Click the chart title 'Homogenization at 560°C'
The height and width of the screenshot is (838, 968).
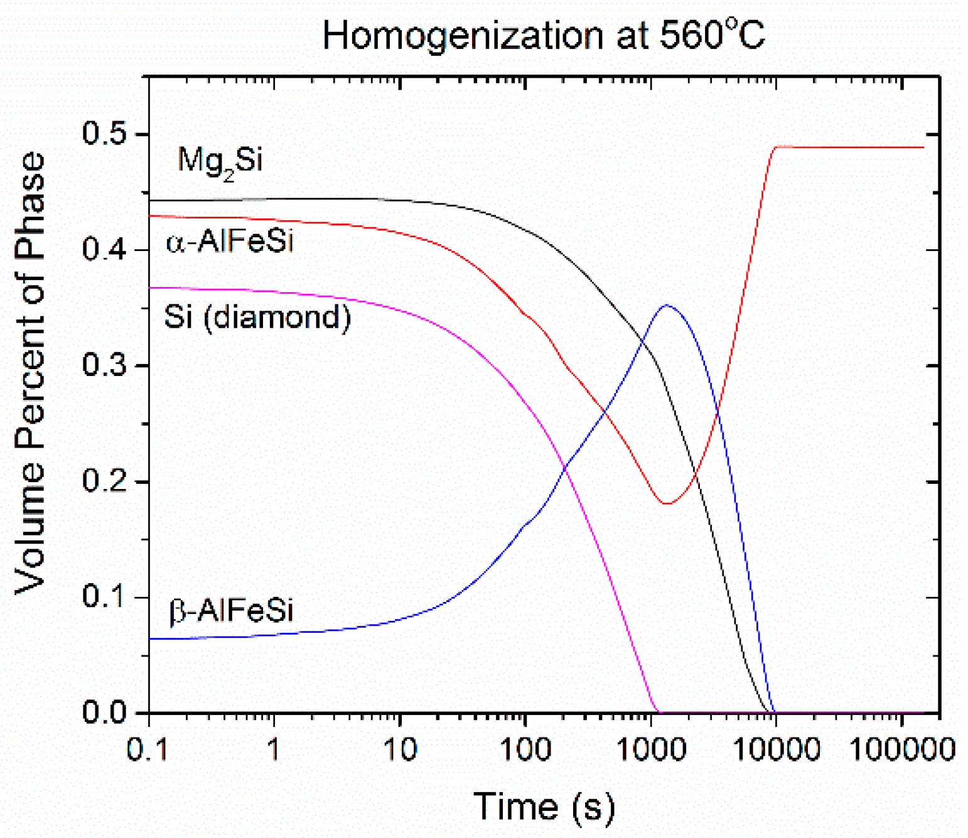click(x=544, y=35)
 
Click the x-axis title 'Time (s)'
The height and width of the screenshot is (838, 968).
click(x=544, y=807)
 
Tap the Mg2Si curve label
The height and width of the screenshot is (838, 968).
click(x=220, y=161)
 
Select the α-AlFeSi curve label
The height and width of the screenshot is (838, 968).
click(x=230, y=241)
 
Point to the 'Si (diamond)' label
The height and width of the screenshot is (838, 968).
click(x=257, y=316)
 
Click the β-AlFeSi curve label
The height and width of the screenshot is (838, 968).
click(x=230, y=610)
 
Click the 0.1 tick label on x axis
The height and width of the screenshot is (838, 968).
click(x=148, y=749)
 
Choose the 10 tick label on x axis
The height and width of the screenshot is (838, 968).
click(x=399, y=749)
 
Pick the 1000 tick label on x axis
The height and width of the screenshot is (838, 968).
click(x=650, y=749)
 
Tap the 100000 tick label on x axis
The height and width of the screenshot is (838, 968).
click(x=901, y=749)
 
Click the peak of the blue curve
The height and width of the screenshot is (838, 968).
click(x=667, y=306)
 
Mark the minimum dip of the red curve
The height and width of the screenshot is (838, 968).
click(x=666, y=503)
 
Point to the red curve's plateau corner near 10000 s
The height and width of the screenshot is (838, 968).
click(x=777, y=147)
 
